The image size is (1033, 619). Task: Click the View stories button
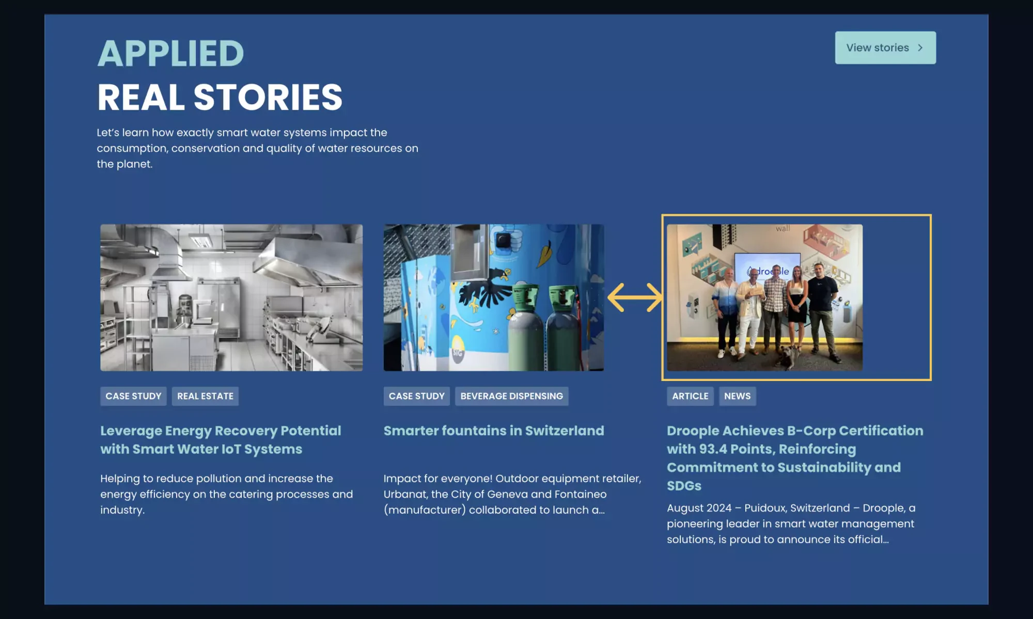(884, 47)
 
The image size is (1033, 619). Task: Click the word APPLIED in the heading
(170, 54)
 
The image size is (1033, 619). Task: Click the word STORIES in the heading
(268, 98)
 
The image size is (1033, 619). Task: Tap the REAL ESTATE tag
(205, 396)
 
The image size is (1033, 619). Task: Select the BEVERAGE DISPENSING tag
(511, 396)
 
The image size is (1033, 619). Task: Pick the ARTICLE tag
(690, 396)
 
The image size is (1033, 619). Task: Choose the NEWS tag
(737, 396)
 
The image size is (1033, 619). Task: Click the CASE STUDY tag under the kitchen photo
(133, 396)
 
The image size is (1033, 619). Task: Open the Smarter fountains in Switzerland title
(493, 431)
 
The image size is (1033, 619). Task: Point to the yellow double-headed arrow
(635, 297)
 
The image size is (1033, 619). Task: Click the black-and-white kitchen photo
(231, 297)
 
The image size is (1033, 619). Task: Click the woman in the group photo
(797, 299)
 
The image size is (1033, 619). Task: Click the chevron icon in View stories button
(920, 47)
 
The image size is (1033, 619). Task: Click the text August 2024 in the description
(698, 508)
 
